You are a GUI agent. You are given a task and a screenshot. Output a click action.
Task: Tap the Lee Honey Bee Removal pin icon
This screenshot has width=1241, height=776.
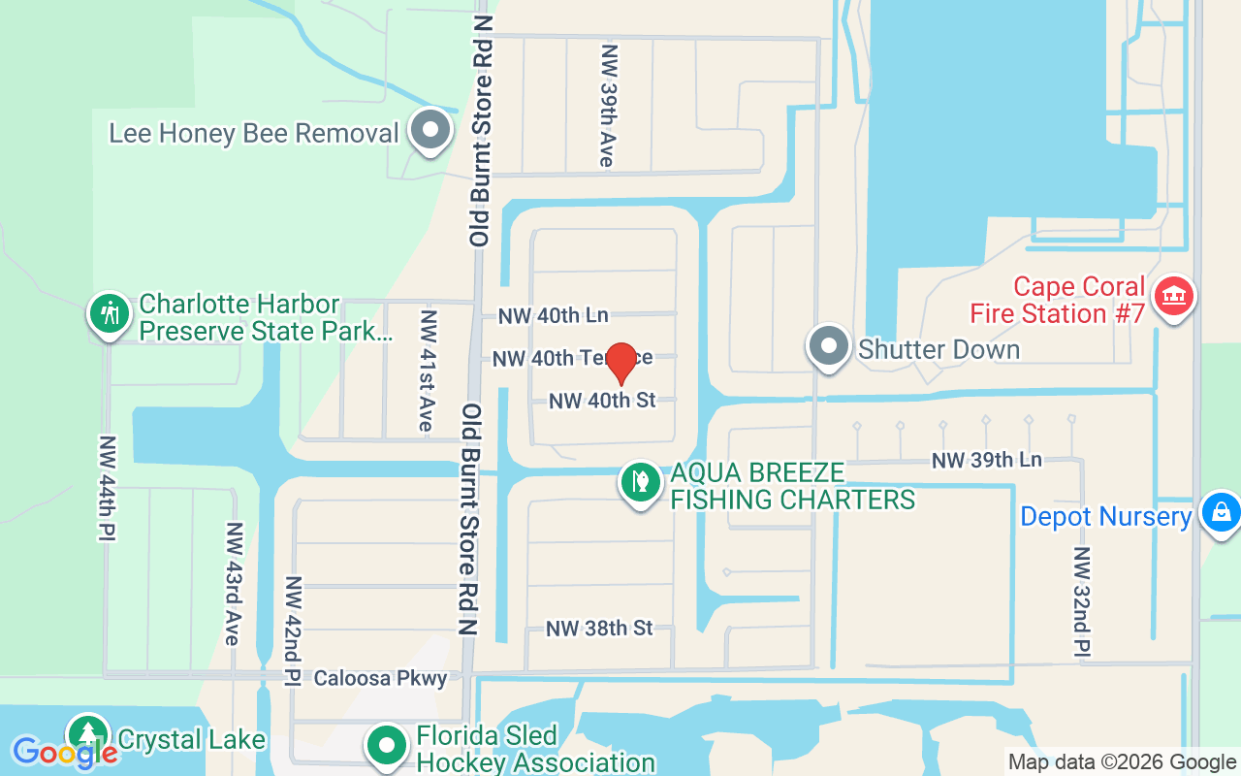click(x=430, y=131)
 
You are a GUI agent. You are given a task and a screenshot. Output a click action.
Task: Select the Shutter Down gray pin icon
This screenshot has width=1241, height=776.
click(x=828, y=346)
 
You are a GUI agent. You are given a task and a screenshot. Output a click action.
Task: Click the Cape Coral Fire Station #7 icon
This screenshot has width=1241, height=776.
click(x=1173, y=296)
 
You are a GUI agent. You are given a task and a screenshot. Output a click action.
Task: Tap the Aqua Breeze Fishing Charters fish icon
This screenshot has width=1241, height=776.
click(x=640, y=482)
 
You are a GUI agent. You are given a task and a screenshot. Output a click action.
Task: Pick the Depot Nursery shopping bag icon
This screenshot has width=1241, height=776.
click(x=1220, y=511)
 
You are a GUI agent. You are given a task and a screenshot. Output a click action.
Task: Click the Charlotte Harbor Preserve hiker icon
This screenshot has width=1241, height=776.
click(x=111, y=313)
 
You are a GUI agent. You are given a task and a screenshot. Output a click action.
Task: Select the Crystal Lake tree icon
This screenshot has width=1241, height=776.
click(x=87, y=734)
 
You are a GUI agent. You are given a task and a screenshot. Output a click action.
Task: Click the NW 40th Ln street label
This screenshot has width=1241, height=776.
click(x=554, y=315)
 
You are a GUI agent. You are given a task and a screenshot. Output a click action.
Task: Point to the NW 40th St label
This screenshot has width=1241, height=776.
click(x=602, y=400)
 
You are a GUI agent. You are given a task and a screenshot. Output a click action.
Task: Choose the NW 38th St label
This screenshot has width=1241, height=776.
click(x=599, y=629)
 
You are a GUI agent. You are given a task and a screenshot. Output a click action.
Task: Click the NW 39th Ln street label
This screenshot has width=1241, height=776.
click(x=987, y=460)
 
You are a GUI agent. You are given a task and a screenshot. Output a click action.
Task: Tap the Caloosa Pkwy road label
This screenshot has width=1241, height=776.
click(x=380, y=678)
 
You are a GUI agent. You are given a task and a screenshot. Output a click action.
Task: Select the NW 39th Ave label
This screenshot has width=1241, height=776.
click(x=608, y=105)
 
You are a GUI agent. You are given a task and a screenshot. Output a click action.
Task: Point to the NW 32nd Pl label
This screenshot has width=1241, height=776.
click(x=1082, y=600)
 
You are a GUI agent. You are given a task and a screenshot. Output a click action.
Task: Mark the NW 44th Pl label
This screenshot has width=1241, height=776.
click(x=106, y=487)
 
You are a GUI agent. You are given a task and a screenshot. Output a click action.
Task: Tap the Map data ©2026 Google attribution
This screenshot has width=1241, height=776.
click(x=1122, y=762)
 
